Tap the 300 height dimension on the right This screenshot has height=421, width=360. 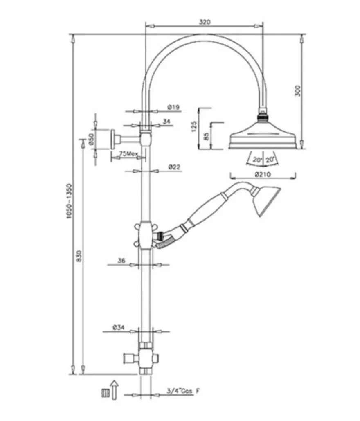coord(298,90)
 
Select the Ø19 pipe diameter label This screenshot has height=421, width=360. coord(174,107)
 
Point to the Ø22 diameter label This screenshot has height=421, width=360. coord(175,167)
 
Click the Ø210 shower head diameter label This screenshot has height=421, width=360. coord(263,175)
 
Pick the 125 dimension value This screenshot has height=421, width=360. coord(194,127)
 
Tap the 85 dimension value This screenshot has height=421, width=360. coord(206,136)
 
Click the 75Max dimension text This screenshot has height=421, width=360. coord(128,154)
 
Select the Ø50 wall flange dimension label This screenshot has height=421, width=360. coord(91,139)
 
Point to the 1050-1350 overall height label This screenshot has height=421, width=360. coord(69,201)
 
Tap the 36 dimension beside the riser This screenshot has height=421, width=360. coord(122,261)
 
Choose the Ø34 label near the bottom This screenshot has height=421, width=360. coord(118,327)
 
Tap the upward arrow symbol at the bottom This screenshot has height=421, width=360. coord(115,390)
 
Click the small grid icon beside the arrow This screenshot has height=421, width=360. coord(106,394)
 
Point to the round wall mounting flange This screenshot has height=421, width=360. coord(114,139)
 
